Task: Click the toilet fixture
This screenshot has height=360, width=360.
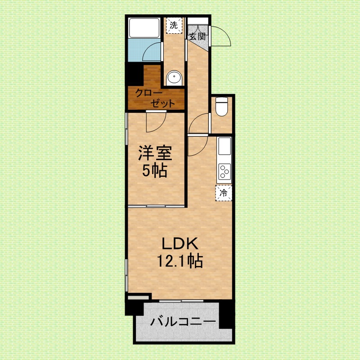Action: [221, 106]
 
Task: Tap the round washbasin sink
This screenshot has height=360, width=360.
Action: [174, 78]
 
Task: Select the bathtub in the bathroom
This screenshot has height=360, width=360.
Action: [144, 28]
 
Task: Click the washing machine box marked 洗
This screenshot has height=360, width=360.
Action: [174, 26]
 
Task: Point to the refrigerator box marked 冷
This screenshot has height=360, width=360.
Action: [224, 193]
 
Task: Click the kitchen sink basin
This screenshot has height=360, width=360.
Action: [225, 146]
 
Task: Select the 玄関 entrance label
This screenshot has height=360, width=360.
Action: [198, 36]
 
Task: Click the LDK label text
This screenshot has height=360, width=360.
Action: [180, 243]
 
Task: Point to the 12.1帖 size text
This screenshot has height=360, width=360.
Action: [180, 261]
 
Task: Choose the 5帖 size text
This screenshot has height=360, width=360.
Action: [154, 170]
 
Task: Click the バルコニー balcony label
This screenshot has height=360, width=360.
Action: [183, 321]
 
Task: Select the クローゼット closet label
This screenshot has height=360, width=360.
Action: [155, 99]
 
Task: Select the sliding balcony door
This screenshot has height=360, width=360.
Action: [181, 301]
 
